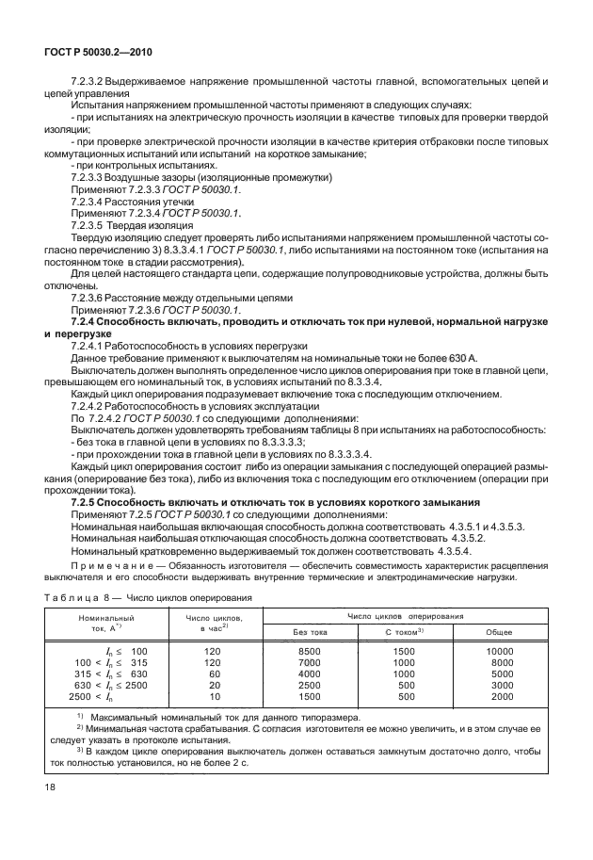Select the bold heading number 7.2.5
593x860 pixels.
[87, 502]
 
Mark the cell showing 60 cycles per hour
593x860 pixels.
[215, 674]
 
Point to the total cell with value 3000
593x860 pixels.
[502, 686]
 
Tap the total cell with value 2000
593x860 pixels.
[502, 697]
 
